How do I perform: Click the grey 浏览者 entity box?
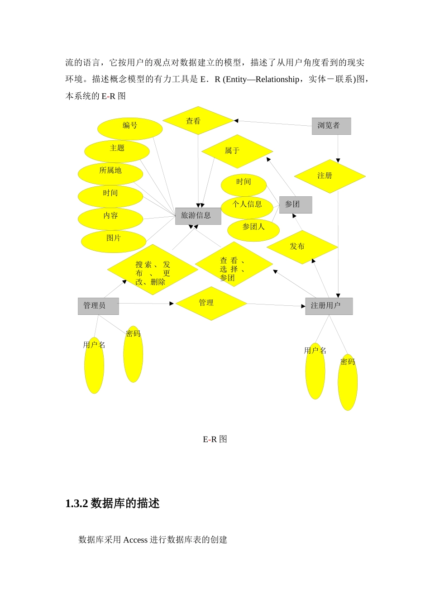click(x=331, y=126)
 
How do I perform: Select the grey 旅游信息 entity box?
click(x=198, y=216)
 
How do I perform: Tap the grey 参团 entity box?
click(x=296, y=205)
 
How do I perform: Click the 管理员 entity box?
click(x=98, y=306)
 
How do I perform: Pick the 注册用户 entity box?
click(x=329, y=306)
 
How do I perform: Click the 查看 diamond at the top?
click(x=198, y=121)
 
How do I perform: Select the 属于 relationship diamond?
click(x=237, y=151)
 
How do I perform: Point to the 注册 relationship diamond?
click(x=330, y=176)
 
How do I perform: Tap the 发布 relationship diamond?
click(x=302, y=247)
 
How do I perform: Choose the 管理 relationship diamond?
click(x=211, y=304)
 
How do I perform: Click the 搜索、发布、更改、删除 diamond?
click(x=153, y=270)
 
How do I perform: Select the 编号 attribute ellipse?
click(x=130, y=129)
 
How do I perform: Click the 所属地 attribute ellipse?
click(x=110, y=174)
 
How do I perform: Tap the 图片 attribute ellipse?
click(x=114, y=242)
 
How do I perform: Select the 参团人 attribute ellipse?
click(x=253, y=230)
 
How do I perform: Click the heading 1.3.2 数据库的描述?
click(x=112, y=503)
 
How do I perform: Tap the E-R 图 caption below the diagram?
click(x=215, y=439)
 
